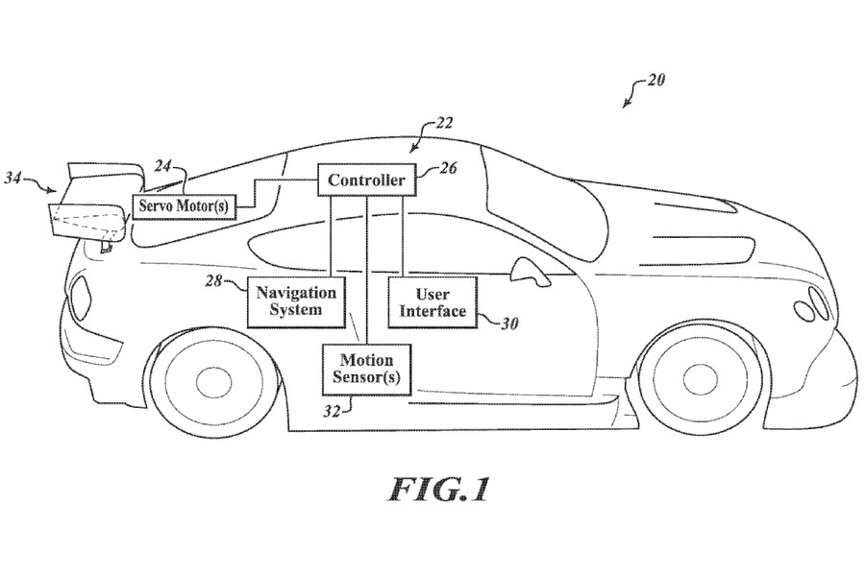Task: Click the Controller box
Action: point(366,180)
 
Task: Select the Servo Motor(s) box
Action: point(185,206)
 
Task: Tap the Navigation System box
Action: point(296,301)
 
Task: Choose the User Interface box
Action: point(432,302)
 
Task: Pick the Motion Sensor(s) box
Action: point(367,370)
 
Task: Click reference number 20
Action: point(655,80)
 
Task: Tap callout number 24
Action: point(163,166)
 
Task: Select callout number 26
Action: point(448,168)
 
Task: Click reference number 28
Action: point(214,281)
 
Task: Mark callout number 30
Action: point(509,324)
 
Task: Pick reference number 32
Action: point(332,412)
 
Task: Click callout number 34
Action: point(13,178)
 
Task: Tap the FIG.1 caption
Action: point(439,489)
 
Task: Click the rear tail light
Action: point(81,295)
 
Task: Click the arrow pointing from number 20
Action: point(634,92)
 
